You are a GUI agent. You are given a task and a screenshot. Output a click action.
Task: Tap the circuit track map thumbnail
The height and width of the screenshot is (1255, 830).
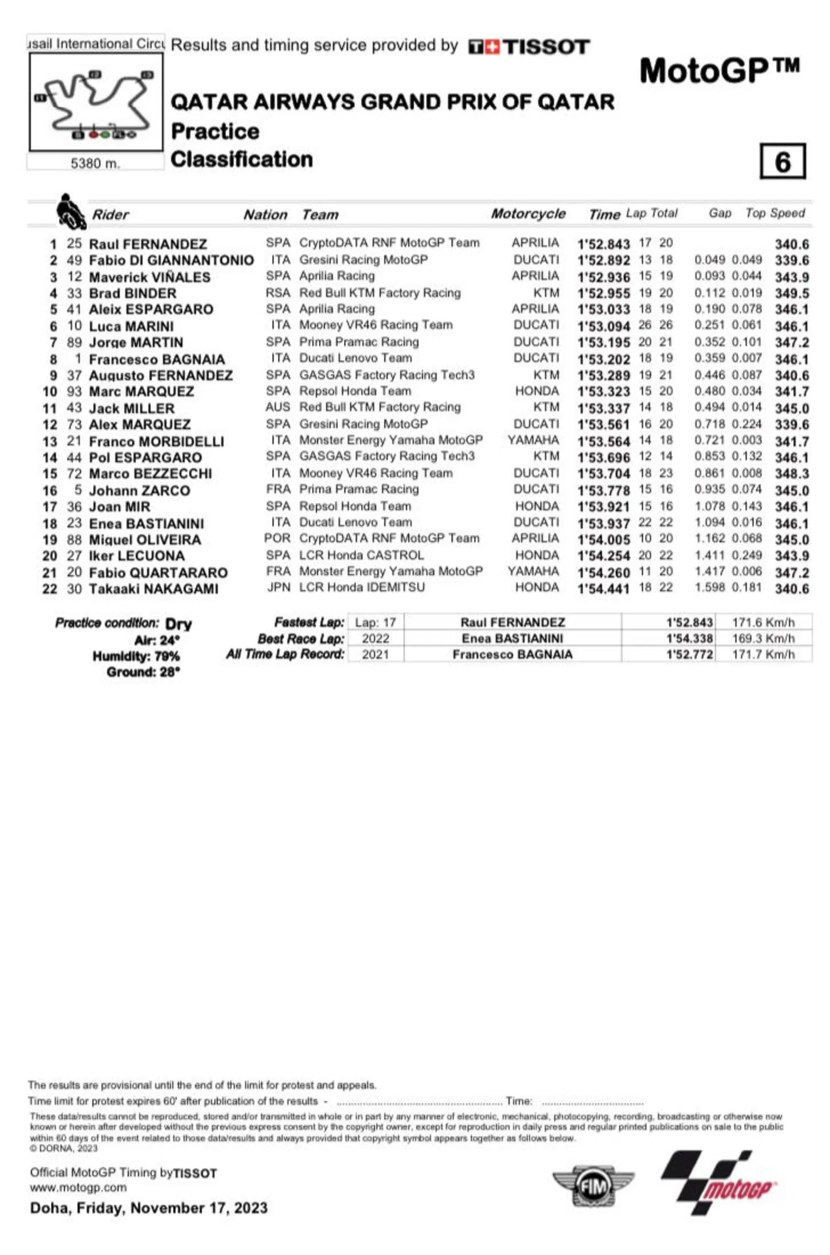(95, 102)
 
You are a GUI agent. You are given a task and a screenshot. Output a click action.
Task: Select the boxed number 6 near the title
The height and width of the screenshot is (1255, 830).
(782, 162)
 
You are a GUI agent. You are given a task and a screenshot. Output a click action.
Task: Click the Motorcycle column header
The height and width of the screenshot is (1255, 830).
(528, 214)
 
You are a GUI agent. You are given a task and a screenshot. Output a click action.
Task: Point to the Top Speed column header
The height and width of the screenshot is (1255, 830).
(774, 213)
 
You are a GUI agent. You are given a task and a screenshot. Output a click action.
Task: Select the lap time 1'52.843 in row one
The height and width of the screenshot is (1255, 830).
(603, 244)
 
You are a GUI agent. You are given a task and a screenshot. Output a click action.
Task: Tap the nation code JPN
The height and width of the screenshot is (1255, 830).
(278, 588)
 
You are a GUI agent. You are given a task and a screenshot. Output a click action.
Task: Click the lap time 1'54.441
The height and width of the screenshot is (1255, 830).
(603, 588)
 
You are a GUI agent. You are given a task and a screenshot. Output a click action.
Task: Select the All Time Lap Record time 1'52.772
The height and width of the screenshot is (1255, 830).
(689, 654)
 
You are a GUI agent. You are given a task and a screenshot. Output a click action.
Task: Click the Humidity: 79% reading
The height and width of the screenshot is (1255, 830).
(136, 657)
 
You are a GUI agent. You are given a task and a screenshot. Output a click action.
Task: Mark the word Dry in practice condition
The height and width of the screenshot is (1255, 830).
(178, 624)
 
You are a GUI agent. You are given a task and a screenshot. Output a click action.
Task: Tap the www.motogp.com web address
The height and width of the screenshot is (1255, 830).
(78, 1188)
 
